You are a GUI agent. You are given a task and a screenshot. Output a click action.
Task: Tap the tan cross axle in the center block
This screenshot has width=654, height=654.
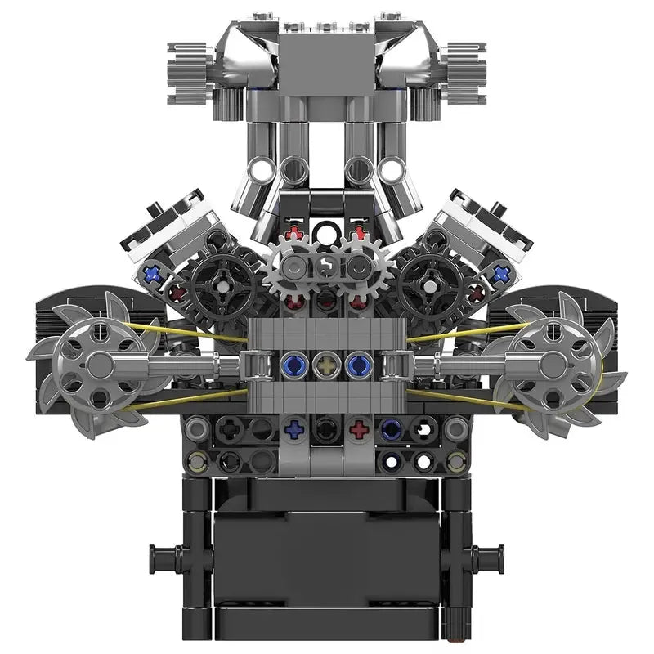pyautogui.click(x=327, y=363)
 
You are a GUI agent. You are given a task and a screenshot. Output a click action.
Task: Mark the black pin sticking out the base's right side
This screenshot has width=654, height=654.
pyautogui.click(x=490, y=558)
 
